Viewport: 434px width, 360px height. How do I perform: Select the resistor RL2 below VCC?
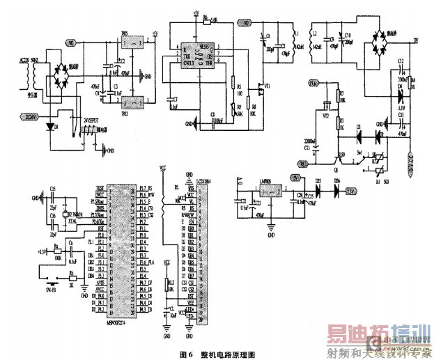(166, 283)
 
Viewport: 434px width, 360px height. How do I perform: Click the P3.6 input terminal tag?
(314, 83)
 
